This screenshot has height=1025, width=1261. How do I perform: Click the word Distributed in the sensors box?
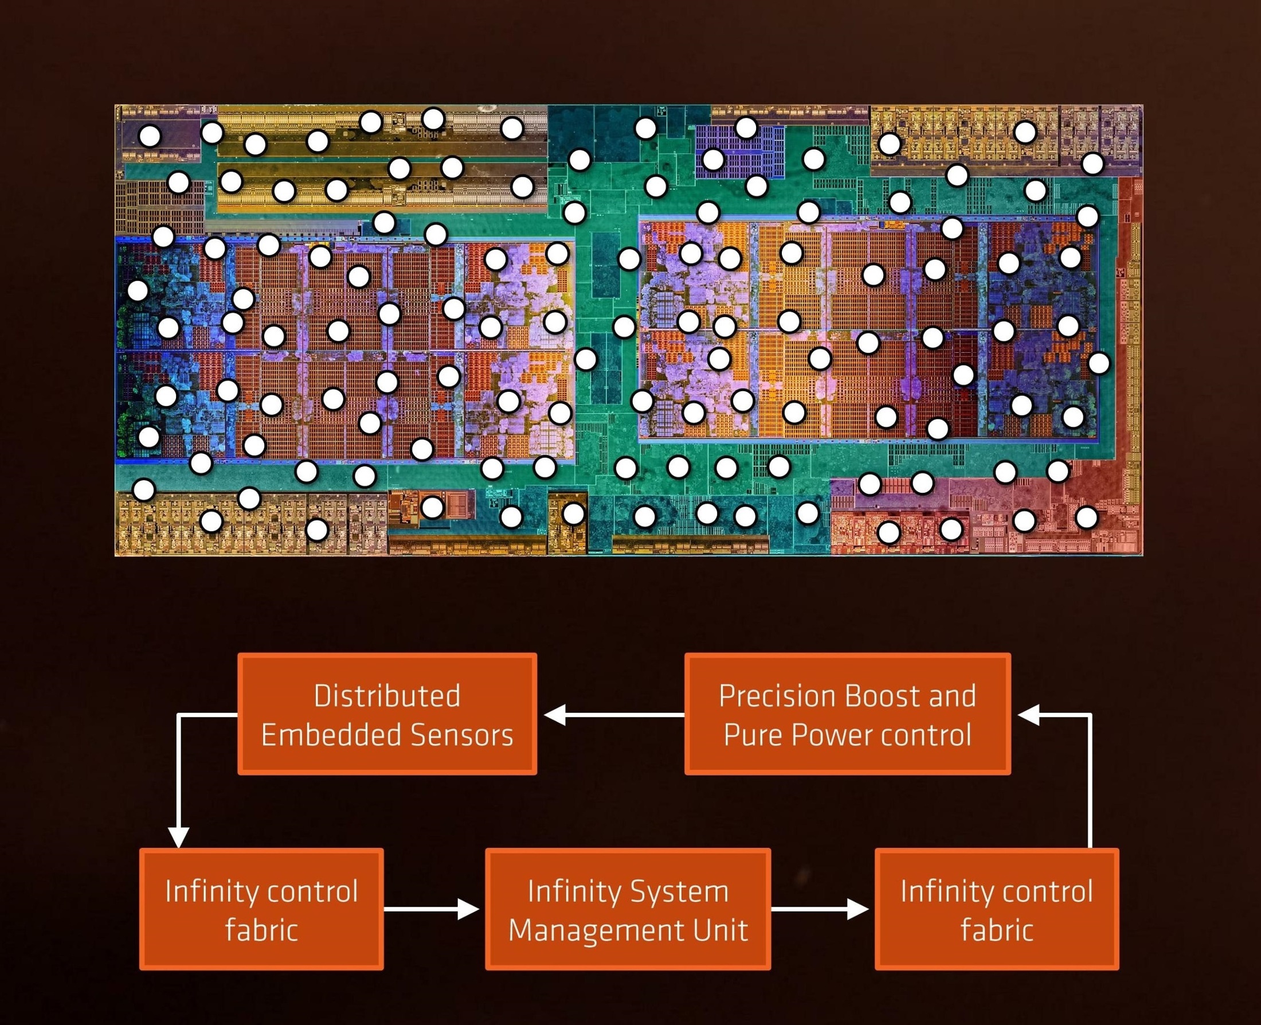(x=386, y=696)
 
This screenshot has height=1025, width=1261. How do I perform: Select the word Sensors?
(x=462, y=736)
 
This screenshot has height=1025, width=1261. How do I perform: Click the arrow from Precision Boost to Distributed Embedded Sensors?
(x=614, y=715)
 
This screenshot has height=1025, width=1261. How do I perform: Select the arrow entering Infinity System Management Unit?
(x=432, y=909)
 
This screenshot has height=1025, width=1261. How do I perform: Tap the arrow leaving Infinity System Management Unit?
(x=820, y=909)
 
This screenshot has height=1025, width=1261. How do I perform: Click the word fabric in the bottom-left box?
(x=261, y=930)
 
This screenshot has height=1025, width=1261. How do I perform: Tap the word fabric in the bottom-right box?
(x=997, y=930)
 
